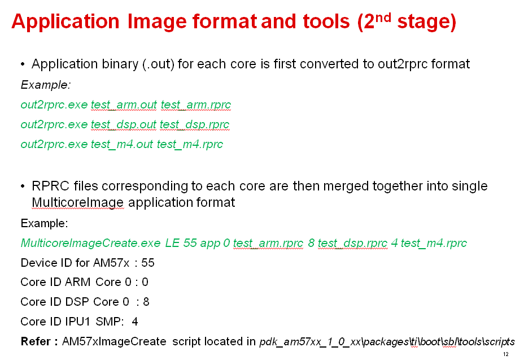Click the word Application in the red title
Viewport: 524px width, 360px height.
[x=65, y=22]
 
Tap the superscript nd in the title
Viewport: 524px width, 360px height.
[x=383, y=17]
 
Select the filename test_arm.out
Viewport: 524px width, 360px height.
[x=124, y=105]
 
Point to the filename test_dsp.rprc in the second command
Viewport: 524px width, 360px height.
[x=194, y=124]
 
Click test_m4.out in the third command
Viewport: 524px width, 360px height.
[x=121, y=144]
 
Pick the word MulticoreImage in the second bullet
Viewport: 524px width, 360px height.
[x=77, y=202]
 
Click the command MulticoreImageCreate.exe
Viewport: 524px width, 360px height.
[x=90, y=243]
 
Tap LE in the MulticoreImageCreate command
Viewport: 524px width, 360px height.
[x=172, y=243]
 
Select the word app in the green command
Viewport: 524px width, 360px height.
[x=210, y=244]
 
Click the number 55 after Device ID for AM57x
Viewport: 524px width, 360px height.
[x=148, y=263]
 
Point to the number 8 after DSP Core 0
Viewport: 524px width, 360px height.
[x=146, y=302]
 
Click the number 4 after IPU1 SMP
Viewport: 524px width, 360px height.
[x=135, y=322]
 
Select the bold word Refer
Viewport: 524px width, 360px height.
[x=36, y=341]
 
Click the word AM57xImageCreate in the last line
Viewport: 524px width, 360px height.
[x=114, y=341]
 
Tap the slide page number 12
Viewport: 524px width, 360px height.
[x=505, y=354]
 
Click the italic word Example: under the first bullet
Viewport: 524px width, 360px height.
[x=46, y=85]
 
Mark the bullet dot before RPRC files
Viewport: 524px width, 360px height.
[x=23, y=186]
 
